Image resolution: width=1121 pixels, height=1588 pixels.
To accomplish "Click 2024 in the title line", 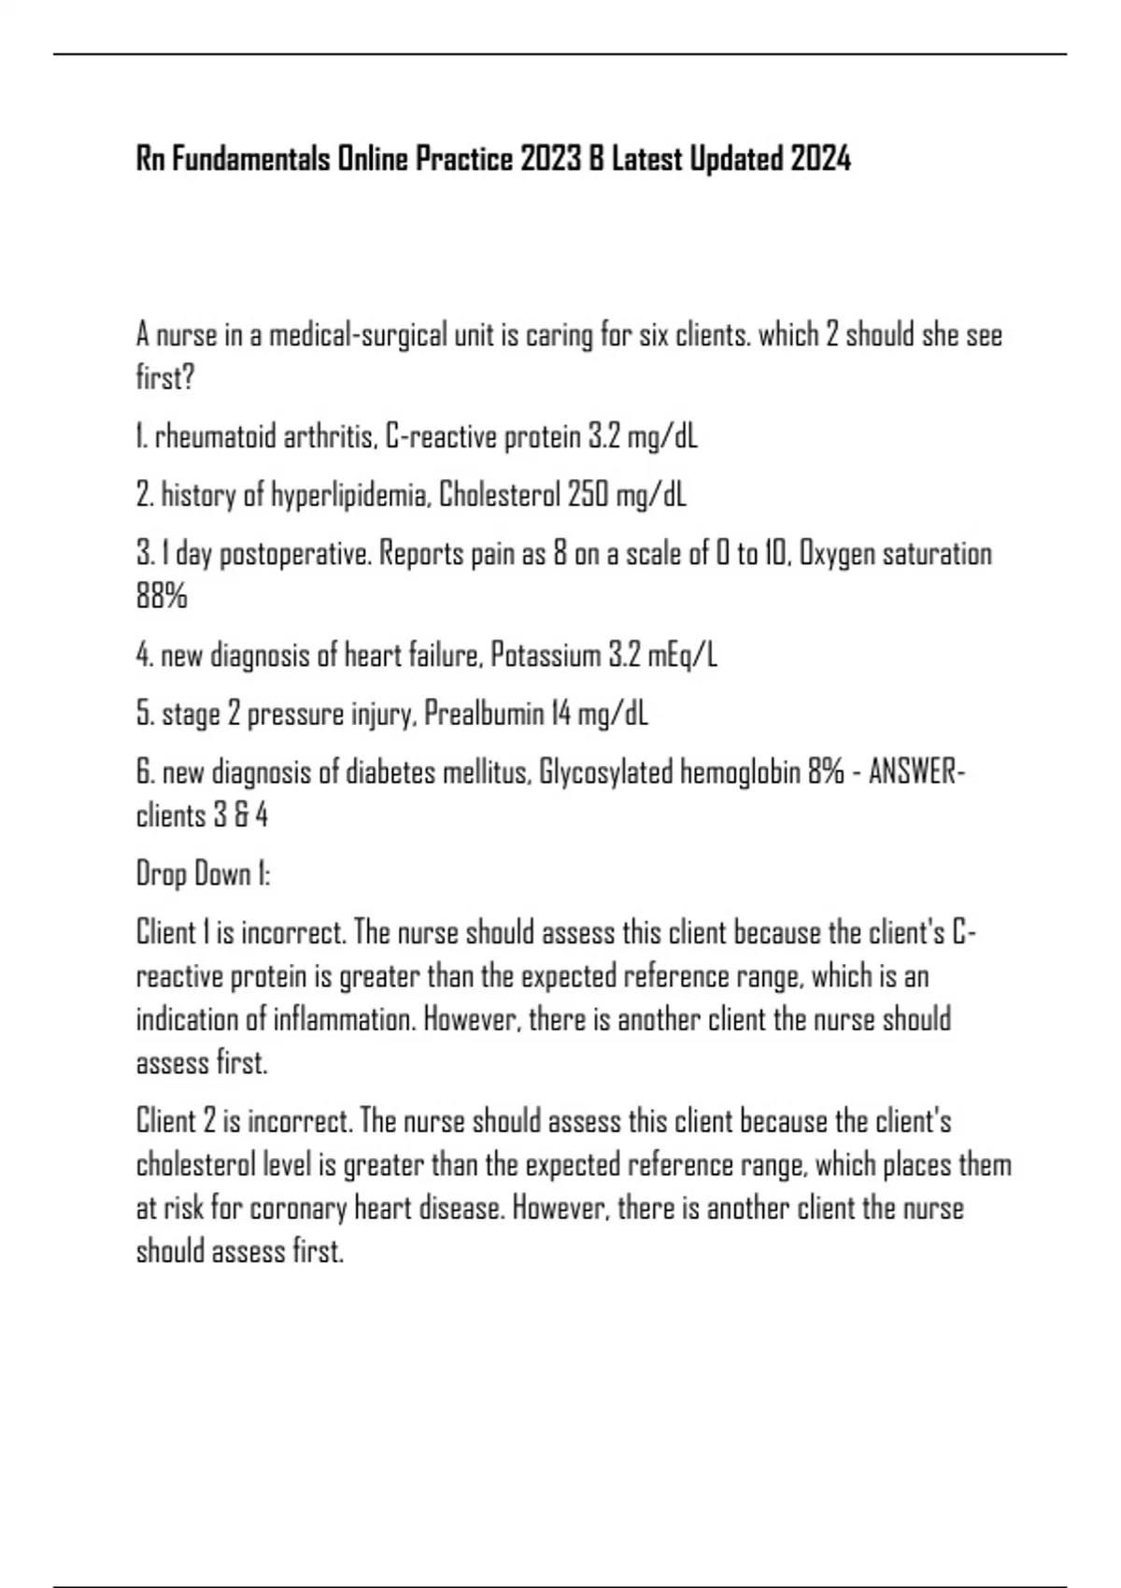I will pos(820,160).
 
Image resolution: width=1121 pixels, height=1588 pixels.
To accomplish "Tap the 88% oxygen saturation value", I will pos(162,596).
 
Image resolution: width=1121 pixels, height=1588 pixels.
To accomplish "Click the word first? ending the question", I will pos(165,378).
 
